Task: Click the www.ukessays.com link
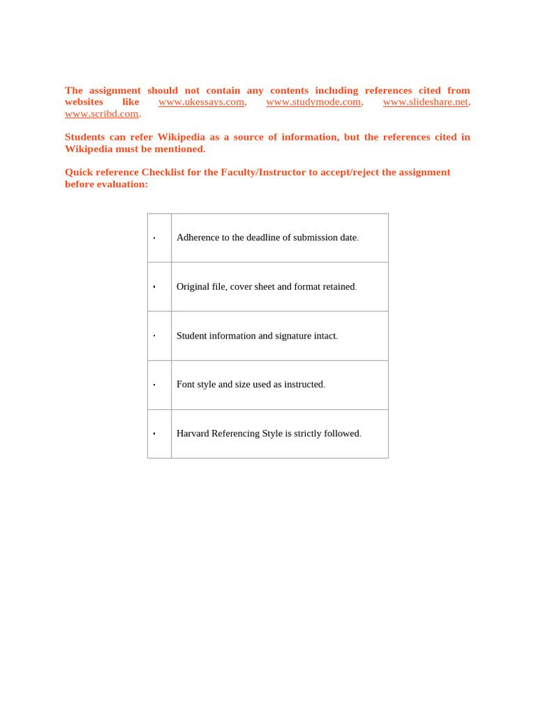point(201,102)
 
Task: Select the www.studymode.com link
point(313,102)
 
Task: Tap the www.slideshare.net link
point(426,102)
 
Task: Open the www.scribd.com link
point(102,114)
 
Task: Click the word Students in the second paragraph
point(84,137)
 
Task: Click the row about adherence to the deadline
point(267,237)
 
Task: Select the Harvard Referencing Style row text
point(269,434)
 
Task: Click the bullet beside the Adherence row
point(154,238)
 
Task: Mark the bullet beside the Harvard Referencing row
point(154,434)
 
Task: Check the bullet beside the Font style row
point(154,385)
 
